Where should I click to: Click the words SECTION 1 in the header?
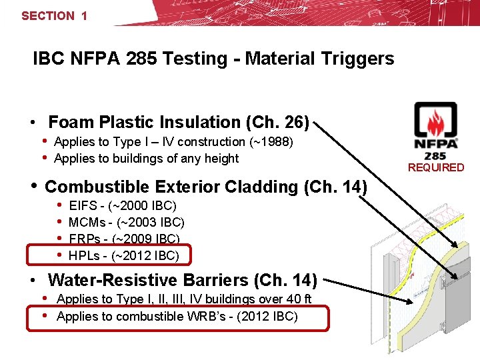point(54,15)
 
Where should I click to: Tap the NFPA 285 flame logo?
point(435,127)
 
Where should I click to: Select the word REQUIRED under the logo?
point(436,167)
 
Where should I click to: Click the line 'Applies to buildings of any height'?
point(146,159)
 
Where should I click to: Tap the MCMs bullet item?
point(127,223)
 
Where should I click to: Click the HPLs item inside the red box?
point(124,255)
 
